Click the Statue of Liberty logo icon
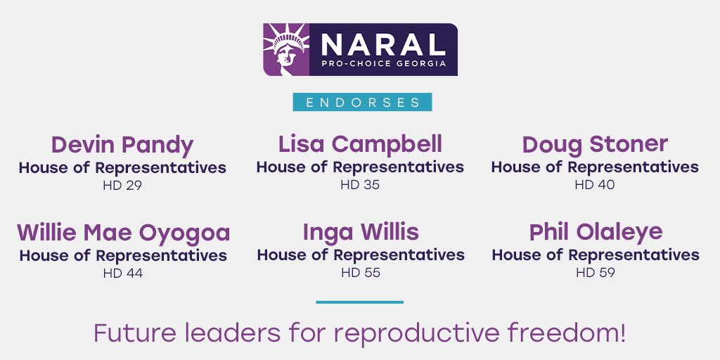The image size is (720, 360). pyautogui.click(x=285, y=49)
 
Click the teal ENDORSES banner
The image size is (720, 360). pyautogui.click(x=362, y=102)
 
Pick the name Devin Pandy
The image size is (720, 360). pyautogui.click(x=122, y=145)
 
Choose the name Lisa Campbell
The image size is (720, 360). pyautogui.click(x=360, y=144)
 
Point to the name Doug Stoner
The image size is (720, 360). pyautogui.click(x=595, y=144)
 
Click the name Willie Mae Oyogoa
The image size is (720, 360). pyautogui.click(x=123, y=233)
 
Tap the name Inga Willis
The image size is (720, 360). pyautogui.click(x=360, y=232)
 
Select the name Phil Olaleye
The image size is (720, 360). pyautogui.click(x=596, y=232)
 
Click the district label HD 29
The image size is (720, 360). pyautogui.click(x=122, y=186)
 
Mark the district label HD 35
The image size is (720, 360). pyautogui.click(x=360, y=185)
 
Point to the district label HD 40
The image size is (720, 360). pyautogui.click(x=595, y=185)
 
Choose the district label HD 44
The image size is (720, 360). pyautogui.click(x=123, y=274)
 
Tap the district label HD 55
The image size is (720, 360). pyautogui.click(x=360, y=273)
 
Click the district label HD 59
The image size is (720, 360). pyautogui.click(x=596, y=273)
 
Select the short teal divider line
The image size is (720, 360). pyautogui.click(x=360, y=302)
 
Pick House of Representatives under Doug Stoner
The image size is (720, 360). pyautogui.click(x=595, y=167)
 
